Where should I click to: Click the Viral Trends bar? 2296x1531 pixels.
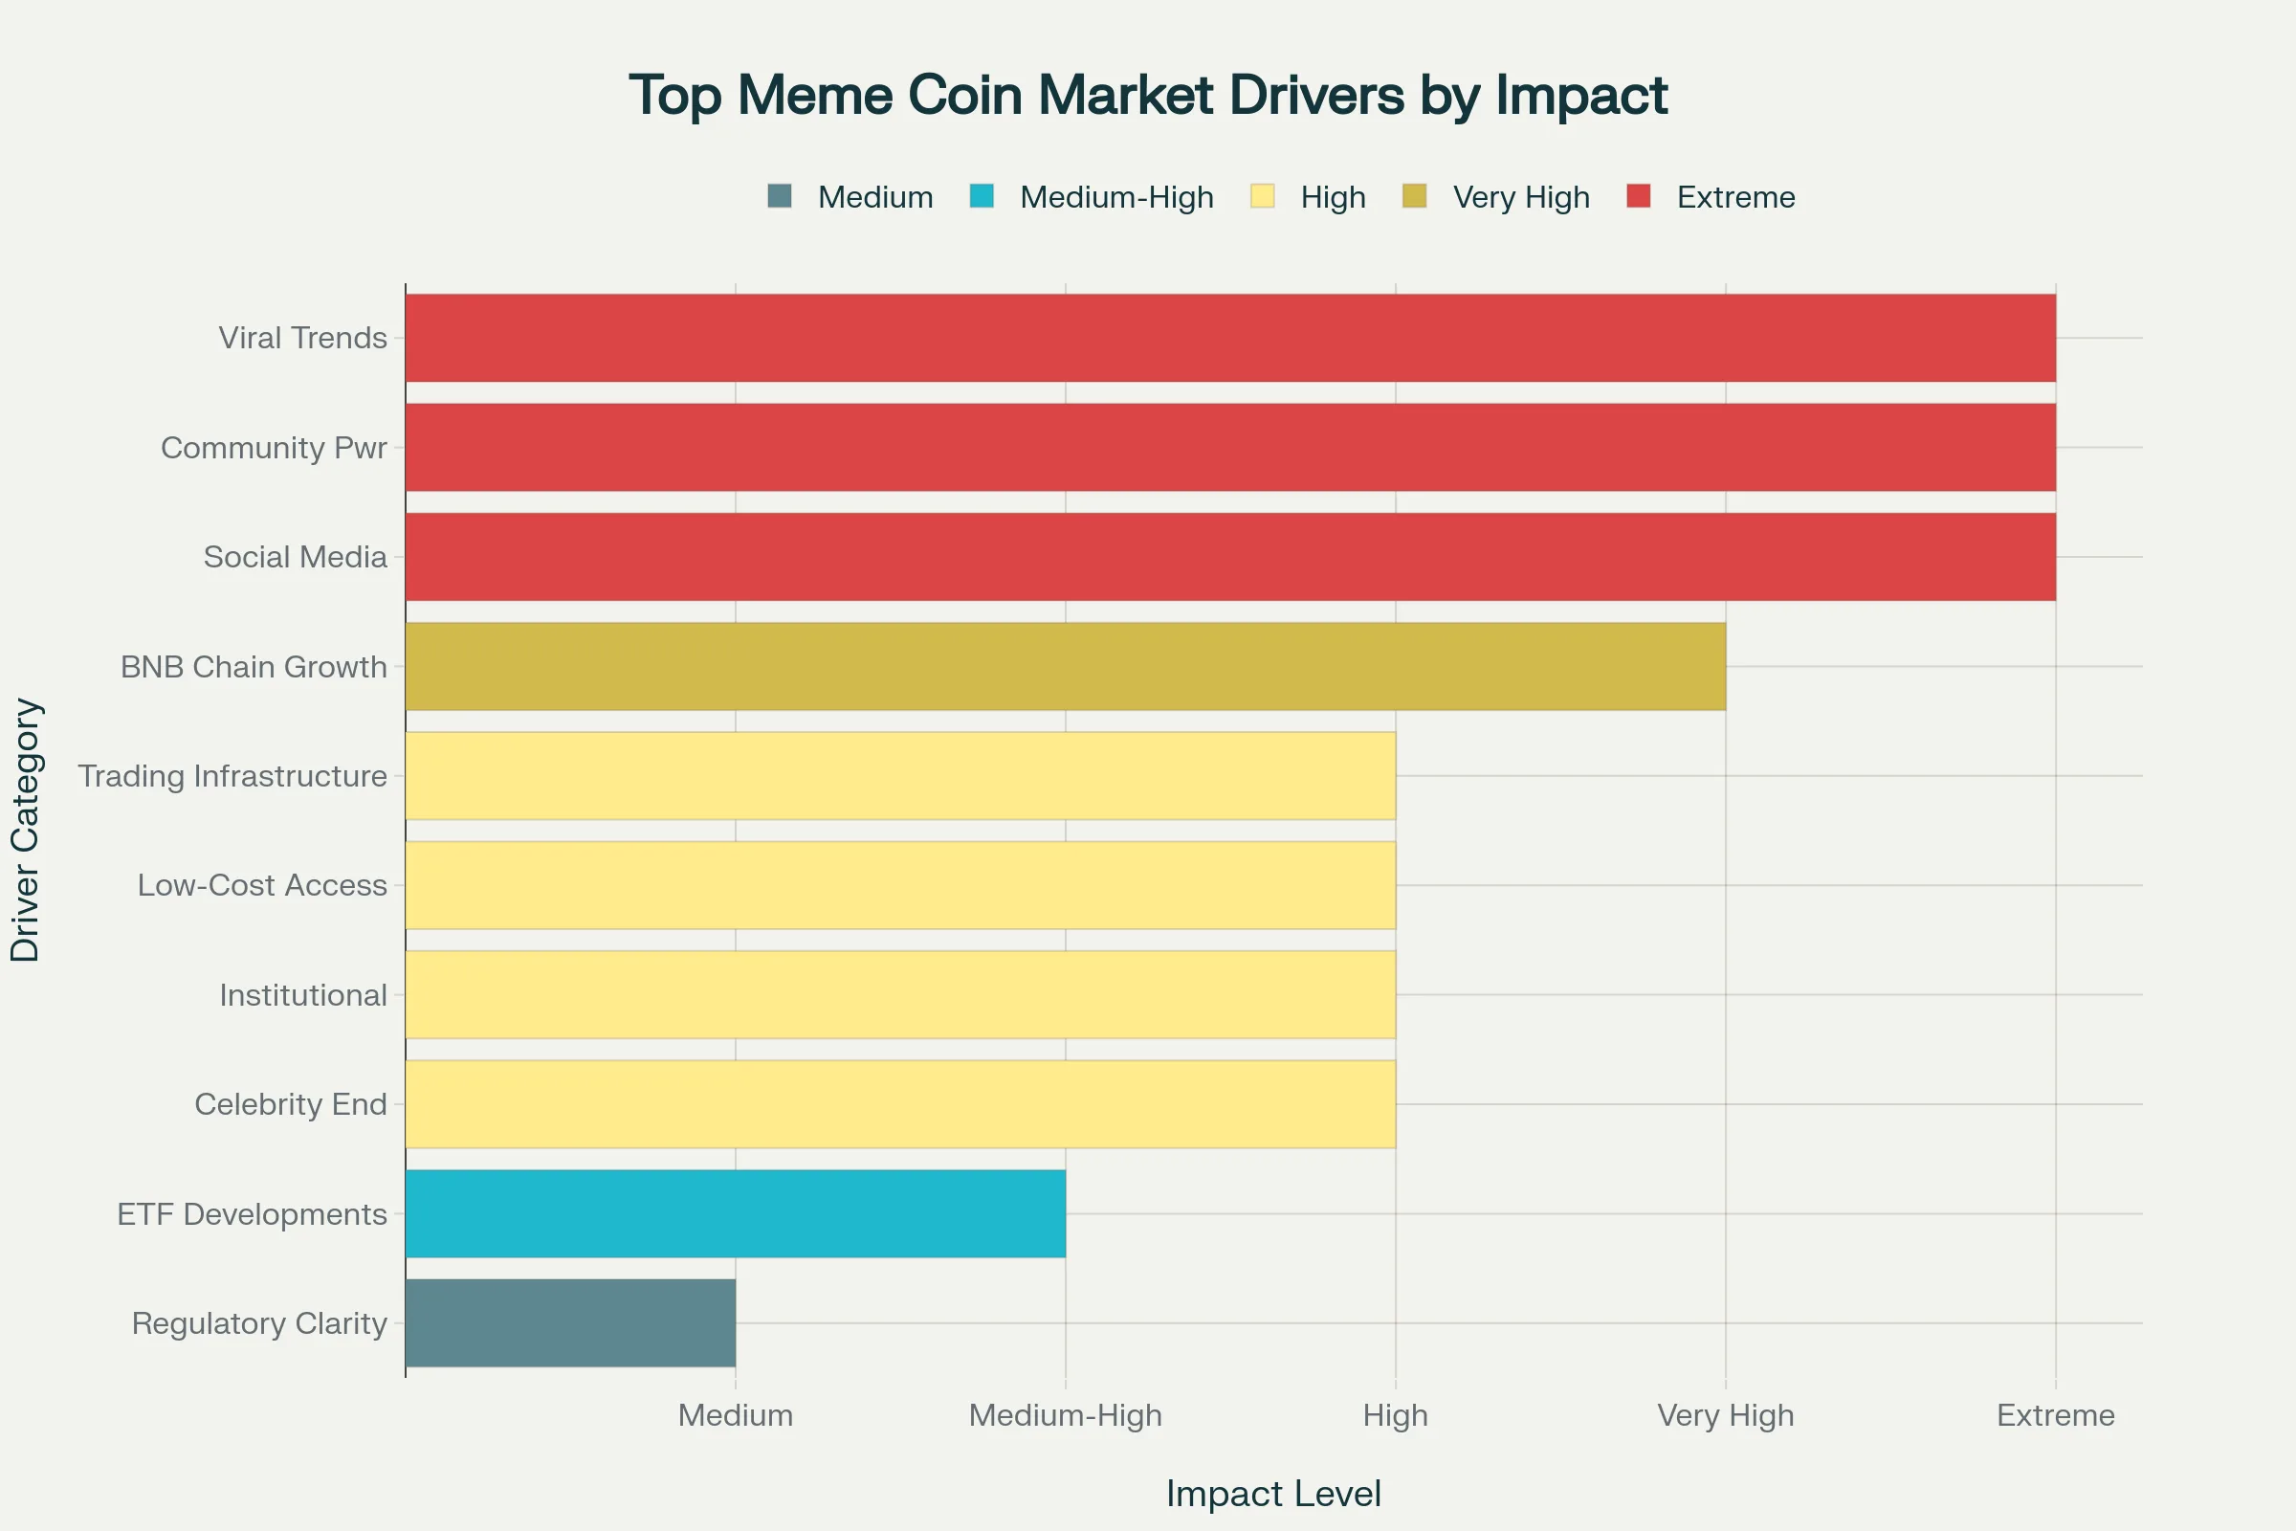click(1230, 338)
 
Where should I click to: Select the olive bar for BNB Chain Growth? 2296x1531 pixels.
click(1065, 667)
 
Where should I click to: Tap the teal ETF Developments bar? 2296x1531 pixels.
click(735, 1213)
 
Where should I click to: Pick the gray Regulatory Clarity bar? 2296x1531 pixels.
click(570, 1323)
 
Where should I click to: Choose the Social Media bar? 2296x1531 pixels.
click(1230, 557)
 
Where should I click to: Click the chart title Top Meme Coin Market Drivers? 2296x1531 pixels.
click(1148, 96)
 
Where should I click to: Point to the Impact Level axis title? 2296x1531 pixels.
click(1273, 1494)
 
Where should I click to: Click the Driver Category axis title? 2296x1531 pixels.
click(26, 830)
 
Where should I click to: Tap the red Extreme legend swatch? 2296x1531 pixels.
click(1639, 196)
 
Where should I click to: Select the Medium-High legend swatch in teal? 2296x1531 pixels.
click(982, 196)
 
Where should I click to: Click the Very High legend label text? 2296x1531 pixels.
click(1521, 197)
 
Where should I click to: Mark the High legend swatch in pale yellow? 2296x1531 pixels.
click(1262, 196)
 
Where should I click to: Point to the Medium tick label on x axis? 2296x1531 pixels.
click(735, 1415)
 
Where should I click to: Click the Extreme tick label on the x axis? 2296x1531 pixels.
click(2055, 1415)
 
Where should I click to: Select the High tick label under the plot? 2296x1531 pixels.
click(1395, 1415)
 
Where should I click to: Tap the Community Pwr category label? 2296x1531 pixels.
click(275, 447)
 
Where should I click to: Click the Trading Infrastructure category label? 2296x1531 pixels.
click(232, 776)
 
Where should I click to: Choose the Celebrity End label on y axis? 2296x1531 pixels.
click(291, 1104)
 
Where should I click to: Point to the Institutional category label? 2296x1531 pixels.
click(302, 995)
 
